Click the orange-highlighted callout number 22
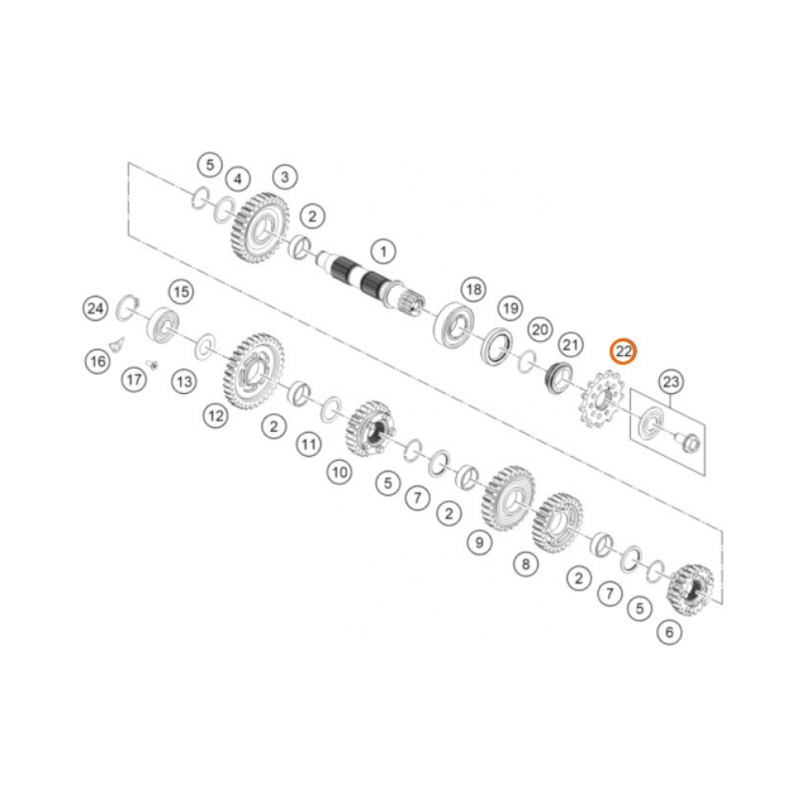(x=623, y=352)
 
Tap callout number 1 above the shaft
(x=383, y=252)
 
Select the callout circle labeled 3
(x=285, y=178)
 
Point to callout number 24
(x=95, y=309)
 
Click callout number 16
(x=98, y=362)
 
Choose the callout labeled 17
(x=134, y=380)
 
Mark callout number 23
(x=671, y=382)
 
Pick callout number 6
(x=669, y=632)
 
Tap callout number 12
(x=215, y=416)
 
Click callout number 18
(x=474, y=289)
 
